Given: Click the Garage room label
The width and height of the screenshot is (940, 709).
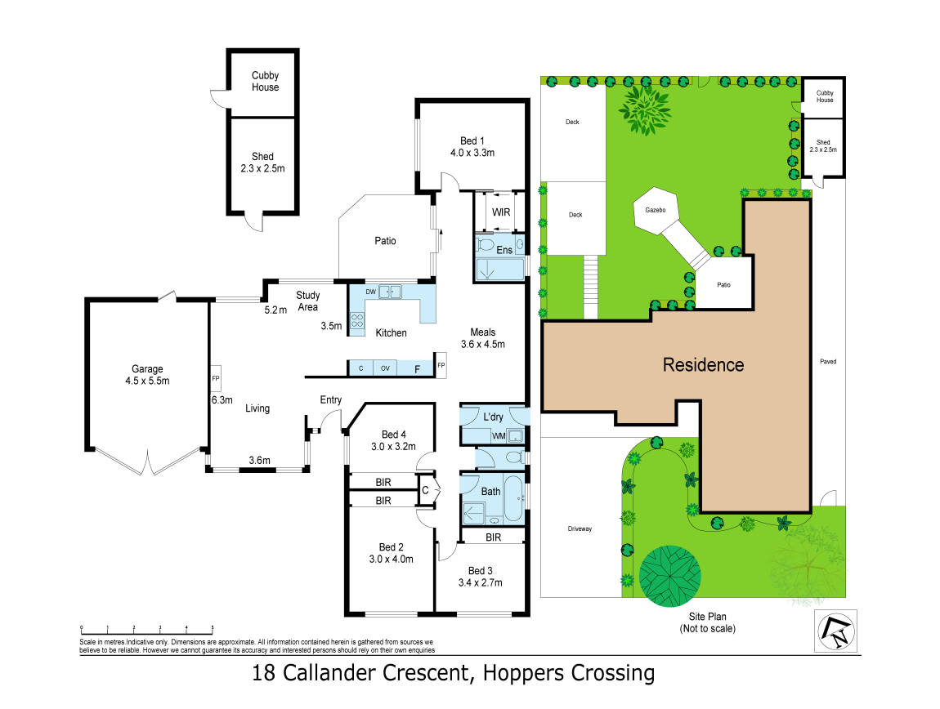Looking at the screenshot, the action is [x=147, y=369].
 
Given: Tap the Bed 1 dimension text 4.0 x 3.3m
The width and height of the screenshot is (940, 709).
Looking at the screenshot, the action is [x=472, y=153].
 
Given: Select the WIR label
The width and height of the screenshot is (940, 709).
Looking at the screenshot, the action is [x=501, y=212].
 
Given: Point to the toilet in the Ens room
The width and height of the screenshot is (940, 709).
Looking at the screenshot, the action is [x=485, y=244].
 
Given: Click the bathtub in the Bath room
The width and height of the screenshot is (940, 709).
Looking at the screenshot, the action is [x=513, y=498].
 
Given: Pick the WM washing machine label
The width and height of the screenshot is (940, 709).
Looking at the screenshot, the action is [x=498, y=436].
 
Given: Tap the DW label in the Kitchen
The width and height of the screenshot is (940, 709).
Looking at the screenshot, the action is [x=370, y=292].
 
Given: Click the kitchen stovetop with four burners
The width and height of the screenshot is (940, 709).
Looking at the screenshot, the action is [x=357, y=321].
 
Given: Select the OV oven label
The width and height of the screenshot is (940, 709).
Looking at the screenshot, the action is [x=385, y=368].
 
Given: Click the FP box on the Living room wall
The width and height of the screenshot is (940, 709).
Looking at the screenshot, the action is [x=216, y=379].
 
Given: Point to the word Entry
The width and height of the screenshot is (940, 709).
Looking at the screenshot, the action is [x=331, y=399].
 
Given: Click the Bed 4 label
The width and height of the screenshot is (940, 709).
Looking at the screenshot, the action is [x=394, y=435].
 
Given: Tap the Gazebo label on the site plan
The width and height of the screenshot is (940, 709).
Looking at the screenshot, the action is [x=656, y=211].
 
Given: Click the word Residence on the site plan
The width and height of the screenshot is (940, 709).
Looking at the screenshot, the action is [x=703, y=364].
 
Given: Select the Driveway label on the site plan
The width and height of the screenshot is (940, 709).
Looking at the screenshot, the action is [x=580, y=528].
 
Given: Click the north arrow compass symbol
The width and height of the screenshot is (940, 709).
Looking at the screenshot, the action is [x=835, y=631].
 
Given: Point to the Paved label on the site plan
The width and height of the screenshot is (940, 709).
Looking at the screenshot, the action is [x=828, y=361].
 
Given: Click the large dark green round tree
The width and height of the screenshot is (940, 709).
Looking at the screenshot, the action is [x=669, y=576].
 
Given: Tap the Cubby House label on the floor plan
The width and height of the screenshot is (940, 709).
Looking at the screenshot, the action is [x=265, y=81].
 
